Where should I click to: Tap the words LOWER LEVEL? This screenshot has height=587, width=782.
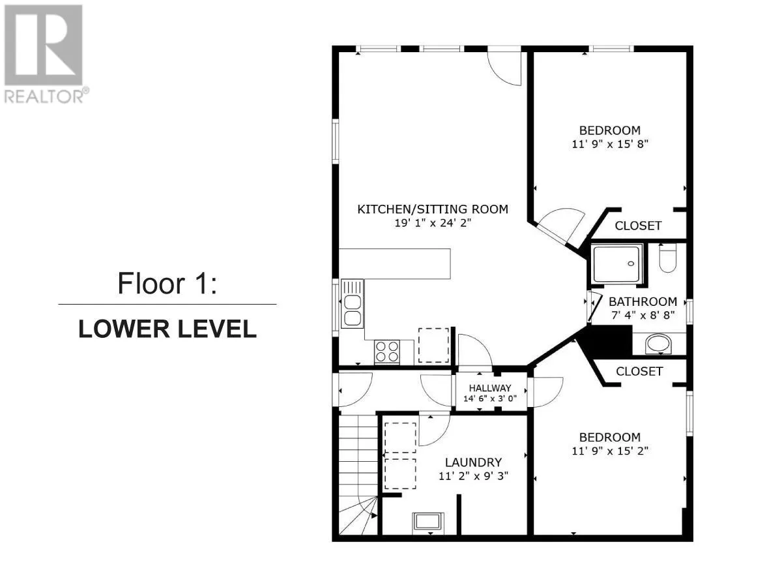(x=167, y=329)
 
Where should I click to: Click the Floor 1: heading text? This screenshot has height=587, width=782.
(x=167, y=283)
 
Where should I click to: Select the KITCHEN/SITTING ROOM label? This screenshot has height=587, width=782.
(x=433, y=209)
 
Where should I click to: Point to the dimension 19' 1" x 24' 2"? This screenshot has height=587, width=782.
(x=433, y=223)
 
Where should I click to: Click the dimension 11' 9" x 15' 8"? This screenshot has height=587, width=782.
(x=609, y=144)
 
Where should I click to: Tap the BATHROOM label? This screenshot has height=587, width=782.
(x=643, y=302)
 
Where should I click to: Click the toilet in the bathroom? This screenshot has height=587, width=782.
(x=667, y=258)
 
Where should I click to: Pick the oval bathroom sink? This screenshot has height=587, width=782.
(x=658, y=344)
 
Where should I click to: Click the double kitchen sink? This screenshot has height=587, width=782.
(x=352, y=304)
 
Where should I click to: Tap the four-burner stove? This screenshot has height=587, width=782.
(x=387, y=352)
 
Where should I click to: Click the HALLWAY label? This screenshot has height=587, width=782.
(x=490, y=388)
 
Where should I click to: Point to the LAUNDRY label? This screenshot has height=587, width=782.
(x=473, y=462)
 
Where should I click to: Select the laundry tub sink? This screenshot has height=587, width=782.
(x=428, y=523)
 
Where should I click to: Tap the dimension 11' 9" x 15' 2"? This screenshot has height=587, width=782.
(x=609, y=451)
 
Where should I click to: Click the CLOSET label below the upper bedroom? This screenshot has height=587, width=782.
(x=638, y=226)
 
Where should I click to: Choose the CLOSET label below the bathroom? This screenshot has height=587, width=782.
(x=639, y=372)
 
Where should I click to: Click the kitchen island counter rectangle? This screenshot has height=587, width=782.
(x=394, y=264)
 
